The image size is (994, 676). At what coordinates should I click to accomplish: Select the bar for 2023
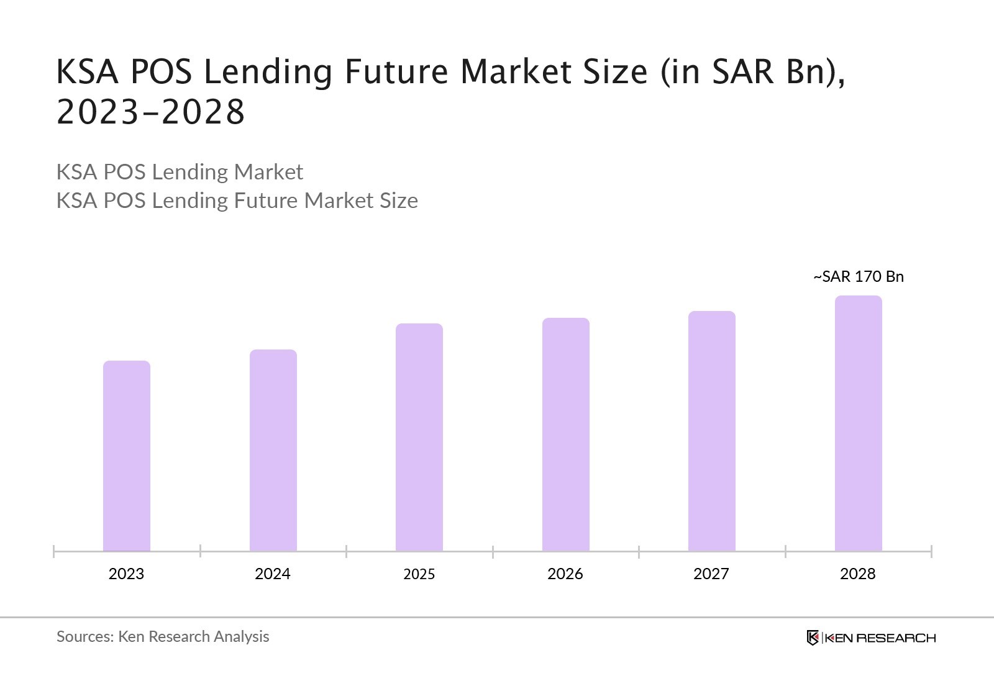pos(127,456)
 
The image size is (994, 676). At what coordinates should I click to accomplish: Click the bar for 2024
pos(273,450)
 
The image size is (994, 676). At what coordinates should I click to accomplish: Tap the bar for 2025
pos(419,437)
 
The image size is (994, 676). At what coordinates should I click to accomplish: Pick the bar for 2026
pos(566,435)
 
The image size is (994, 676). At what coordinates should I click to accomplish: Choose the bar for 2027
pos(712,431)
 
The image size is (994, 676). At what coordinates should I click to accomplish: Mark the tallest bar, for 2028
pos(859,423)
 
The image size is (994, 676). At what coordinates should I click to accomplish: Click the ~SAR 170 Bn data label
pos(859,277)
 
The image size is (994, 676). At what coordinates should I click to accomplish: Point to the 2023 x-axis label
pos(126,574)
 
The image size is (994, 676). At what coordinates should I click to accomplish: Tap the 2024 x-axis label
pos(273,574)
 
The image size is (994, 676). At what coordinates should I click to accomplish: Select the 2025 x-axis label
pos(419,574)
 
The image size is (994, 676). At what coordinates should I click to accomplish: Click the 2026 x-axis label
pos(565,574)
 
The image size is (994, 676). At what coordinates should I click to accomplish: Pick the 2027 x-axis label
pos(711,574)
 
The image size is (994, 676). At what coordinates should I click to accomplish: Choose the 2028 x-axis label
pos(858,574)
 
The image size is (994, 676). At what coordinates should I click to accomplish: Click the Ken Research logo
pos(871,638)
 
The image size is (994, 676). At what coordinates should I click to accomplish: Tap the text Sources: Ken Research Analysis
pos(163,636)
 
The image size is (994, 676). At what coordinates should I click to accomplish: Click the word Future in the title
pos(396,71)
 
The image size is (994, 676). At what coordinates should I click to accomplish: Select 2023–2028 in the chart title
pos(151,112)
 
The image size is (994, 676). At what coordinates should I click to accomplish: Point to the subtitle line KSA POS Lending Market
pos(180,172)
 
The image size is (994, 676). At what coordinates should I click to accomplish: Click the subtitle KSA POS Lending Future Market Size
pos(237,201)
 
